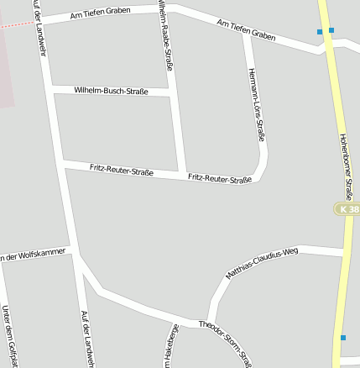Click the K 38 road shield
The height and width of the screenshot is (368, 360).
(347, 208)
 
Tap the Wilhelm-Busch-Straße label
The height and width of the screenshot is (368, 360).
(111, 90)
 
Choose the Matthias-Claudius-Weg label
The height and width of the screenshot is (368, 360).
(262, 262)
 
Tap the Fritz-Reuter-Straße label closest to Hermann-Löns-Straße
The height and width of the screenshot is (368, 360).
(220, 178)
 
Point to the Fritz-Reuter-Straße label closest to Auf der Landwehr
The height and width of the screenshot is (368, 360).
(122, 171)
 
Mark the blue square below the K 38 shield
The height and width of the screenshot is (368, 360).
(343, 338)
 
